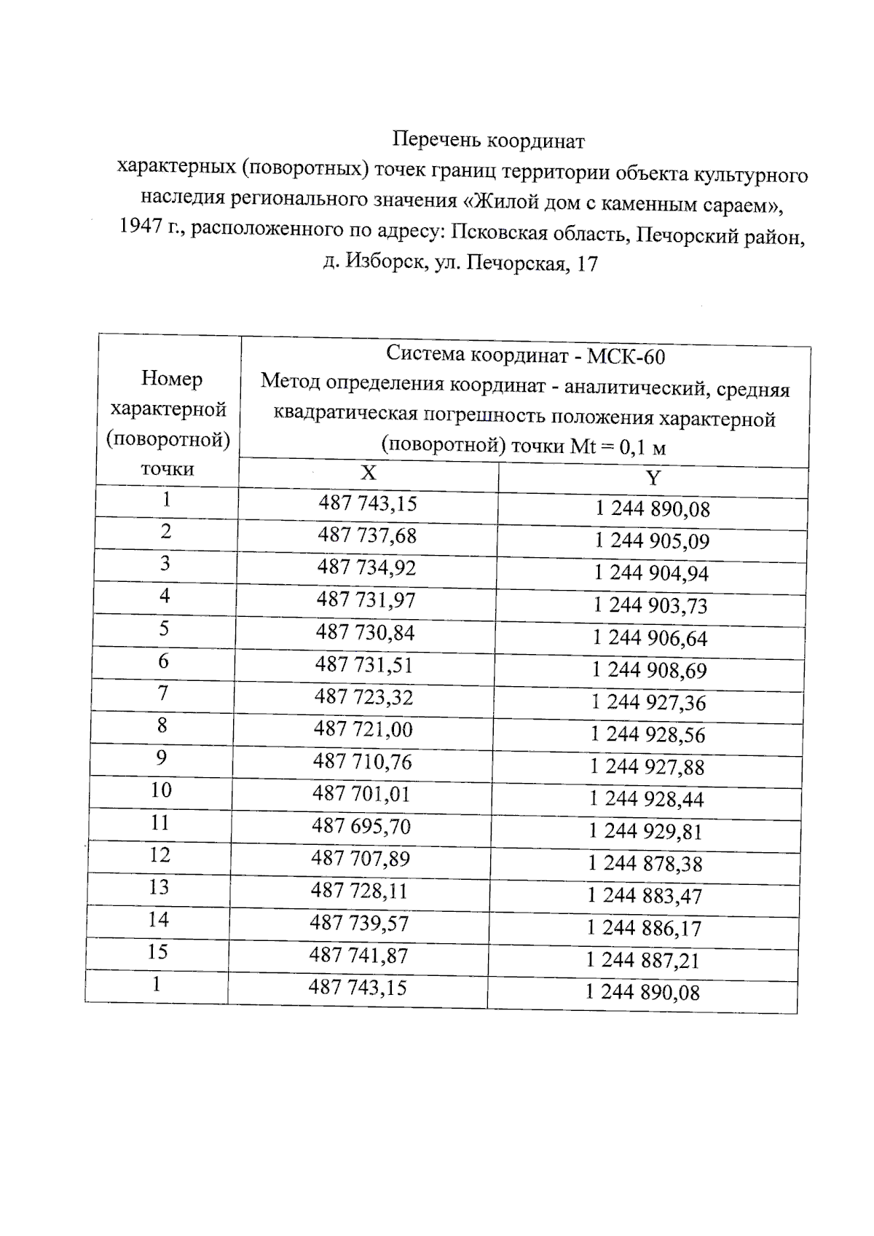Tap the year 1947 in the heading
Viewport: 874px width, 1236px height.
[x=140, y=227]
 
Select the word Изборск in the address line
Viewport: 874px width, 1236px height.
[x=385, y=261]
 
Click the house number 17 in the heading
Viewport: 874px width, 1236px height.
[x=586, y=264]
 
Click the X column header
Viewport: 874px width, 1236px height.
[x=369, y=473]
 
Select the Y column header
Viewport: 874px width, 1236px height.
[x=653, y=479]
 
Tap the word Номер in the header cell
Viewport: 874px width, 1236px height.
[x=171, y=379]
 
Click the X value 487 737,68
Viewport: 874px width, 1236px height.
[x=366, y=535]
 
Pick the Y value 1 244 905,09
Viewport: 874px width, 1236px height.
[x=651, y=541]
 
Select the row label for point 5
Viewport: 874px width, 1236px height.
[x=164, y=628]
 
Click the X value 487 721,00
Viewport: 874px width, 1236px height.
[x=363, y=729]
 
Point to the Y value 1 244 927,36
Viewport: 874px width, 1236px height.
[x=648, y=703]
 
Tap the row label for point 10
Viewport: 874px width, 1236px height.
[x=161, y=790]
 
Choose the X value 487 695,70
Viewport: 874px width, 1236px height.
[x=361, y=826]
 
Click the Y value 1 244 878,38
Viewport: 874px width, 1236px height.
[x=645, y=864]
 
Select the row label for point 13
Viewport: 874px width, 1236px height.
[x=159, y=887]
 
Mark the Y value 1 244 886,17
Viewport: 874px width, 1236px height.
[x=644, y=928]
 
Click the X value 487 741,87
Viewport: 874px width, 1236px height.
[x=358, y=956]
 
